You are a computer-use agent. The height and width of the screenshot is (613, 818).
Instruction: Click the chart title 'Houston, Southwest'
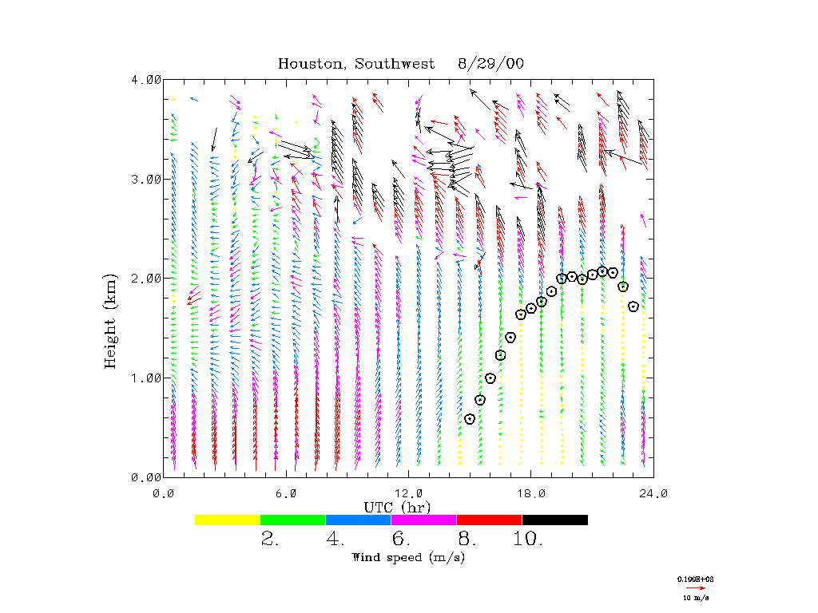tap(356, 64)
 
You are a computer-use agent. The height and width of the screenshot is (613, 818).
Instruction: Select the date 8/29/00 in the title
tap(490, 64)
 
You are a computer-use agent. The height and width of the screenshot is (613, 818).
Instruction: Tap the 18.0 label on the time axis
tap(531, 492)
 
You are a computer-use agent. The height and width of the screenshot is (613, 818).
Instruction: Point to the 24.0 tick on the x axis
tap(653, 492)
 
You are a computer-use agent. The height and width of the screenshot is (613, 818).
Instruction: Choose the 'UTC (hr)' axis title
tap(398, 507)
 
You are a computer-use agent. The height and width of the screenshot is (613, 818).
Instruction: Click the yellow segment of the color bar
tap(228, 520)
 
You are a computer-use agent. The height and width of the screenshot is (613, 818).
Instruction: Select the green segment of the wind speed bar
tap(293, 520)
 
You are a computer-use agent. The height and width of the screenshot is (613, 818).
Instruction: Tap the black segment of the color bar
tap(555, 520)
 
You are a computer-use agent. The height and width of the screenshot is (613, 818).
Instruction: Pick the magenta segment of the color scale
tap(424, 520)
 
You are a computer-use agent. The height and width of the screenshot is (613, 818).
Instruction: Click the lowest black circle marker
tap(470, 419)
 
